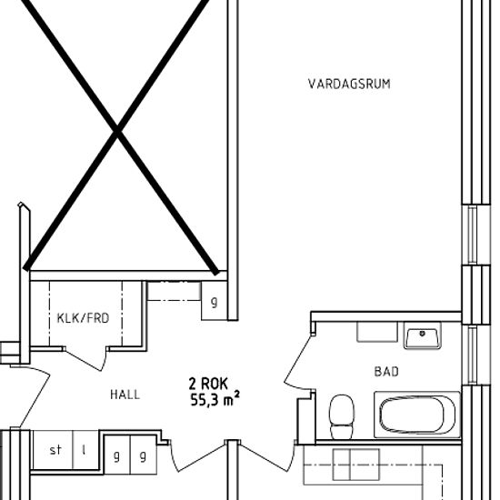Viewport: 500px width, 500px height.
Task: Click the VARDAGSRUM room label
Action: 349,84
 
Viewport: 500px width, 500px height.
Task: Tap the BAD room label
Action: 386,372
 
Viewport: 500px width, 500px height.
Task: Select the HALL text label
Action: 125,395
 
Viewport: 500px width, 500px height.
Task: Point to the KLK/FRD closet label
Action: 83,318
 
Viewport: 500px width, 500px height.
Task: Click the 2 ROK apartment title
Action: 208,384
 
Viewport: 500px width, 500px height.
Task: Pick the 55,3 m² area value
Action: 215,399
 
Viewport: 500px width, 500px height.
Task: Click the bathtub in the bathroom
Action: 417,415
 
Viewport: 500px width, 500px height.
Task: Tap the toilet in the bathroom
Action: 342,416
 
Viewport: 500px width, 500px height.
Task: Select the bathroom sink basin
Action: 423,335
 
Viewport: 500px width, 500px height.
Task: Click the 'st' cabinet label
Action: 55,450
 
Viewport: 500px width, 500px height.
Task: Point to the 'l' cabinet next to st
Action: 84,450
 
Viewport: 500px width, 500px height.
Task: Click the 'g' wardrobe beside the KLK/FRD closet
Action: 214,301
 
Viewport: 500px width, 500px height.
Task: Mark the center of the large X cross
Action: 117,131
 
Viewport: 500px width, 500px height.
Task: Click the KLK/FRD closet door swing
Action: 85,359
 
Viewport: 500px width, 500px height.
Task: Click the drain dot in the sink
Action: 423,334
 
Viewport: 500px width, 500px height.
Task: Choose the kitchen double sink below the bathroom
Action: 356,465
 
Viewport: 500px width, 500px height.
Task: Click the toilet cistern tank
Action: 342,432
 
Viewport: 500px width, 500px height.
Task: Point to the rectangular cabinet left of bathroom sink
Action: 377,332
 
